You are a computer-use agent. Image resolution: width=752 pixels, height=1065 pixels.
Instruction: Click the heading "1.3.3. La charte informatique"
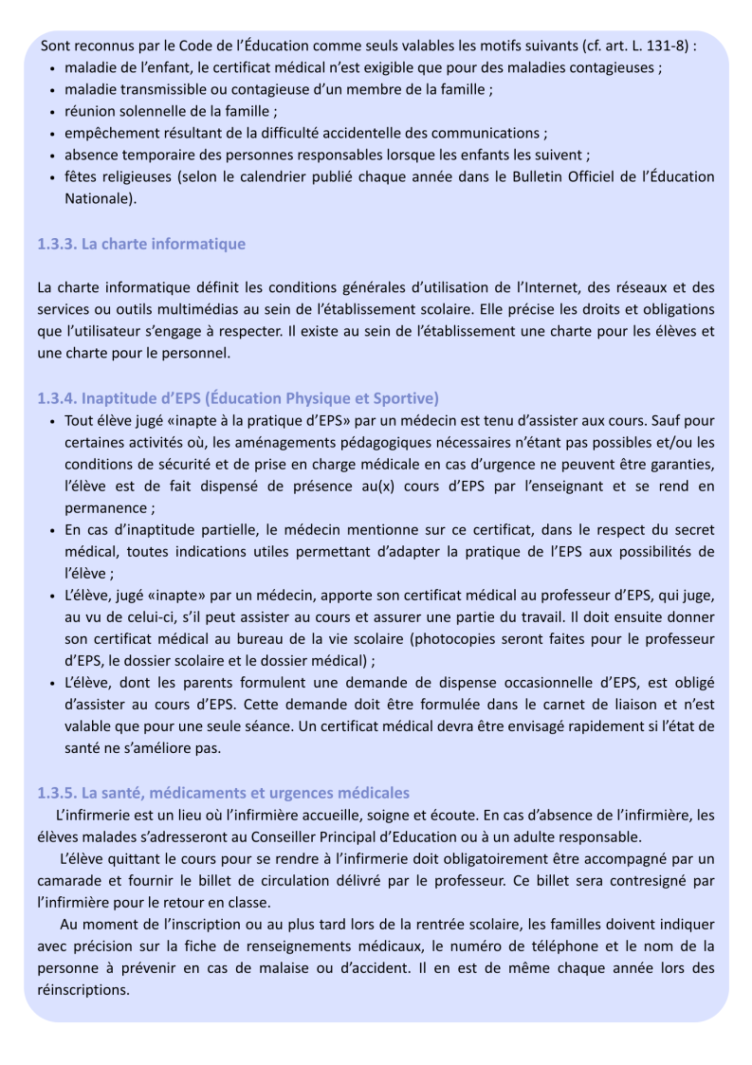[x=141, y=244]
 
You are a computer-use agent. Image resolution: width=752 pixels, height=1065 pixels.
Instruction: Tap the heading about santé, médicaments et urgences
[x=223, y=793]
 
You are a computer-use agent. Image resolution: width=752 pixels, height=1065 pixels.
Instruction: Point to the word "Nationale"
[x=99, y=198]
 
